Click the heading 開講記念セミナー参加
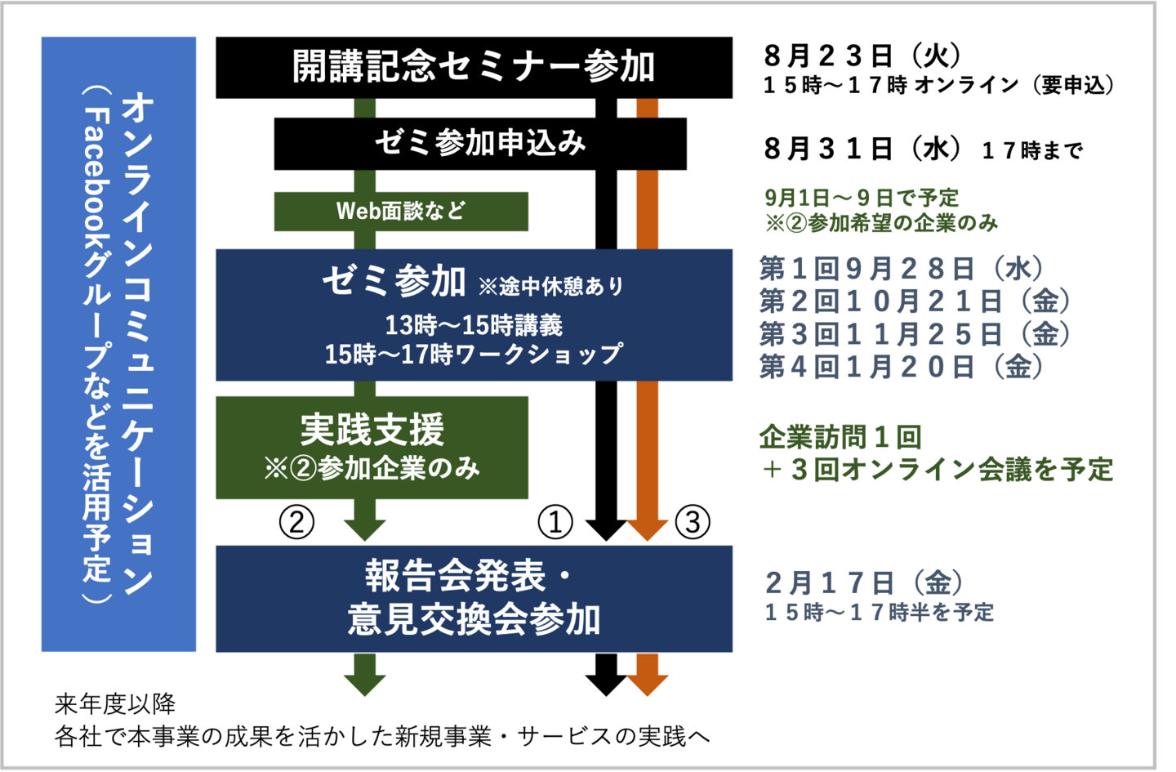[x=474, y=66]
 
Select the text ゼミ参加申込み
[x=480, y=143]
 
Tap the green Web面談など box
[x=401, y=212]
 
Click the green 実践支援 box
[x=372, y=447]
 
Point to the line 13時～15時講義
[x=474, y=325]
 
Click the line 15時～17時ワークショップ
[x=474, y=355]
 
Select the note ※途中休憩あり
[x=551, y=286]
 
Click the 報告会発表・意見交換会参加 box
[x=474, y=598]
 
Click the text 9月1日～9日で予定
[x=862, y=198]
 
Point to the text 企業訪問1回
[x=840, y=437]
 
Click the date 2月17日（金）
[x=864, y=582]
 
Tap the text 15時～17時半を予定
[x=879, y=612]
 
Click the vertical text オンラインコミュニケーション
[x=136, y=343]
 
